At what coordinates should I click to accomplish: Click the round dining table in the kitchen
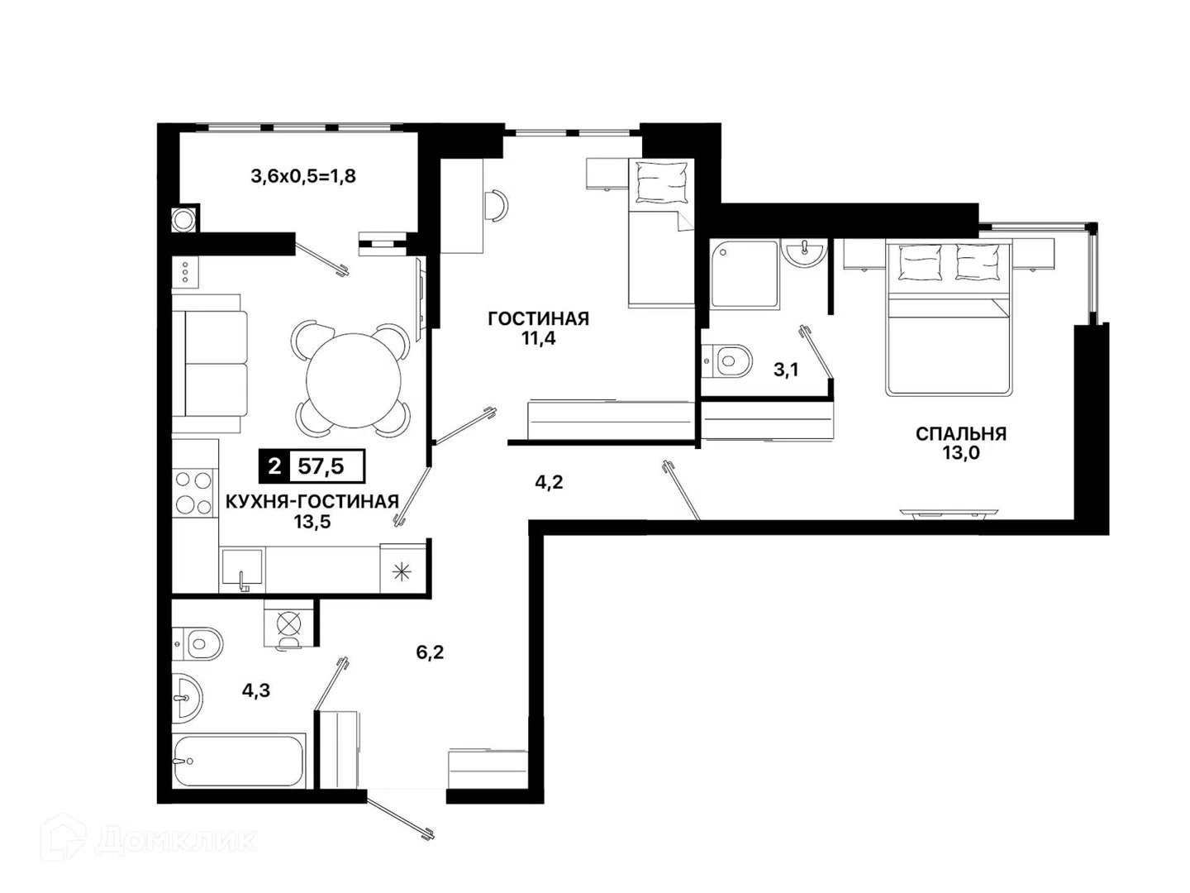click(x=354, y=380)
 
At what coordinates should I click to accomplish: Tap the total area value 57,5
click(x=321, y=466)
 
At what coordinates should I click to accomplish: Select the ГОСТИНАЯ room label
click(x=538, y=318)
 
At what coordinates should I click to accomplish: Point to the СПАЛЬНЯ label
click(x=960, y=434)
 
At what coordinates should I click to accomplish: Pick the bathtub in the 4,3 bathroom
click(x=239, y=762)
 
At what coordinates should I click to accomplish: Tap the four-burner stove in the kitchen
click(x=193, y=494)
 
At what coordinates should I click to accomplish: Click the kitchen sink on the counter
click(x=242, y=567)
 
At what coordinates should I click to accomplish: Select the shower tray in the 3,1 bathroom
click(x=745, y=275)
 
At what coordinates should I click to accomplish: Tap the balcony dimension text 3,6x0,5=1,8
click(x=303, y=176)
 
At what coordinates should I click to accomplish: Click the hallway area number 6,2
click(x=430, y=652)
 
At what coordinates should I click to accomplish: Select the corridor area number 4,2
click(x=549, y=482)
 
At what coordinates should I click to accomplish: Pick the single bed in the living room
click(x=661, y=233)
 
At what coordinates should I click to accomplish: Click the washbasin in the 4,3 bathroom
click(x=187, y=699)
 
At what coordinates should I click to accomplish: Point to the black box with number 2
click(x=274, y=466)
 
